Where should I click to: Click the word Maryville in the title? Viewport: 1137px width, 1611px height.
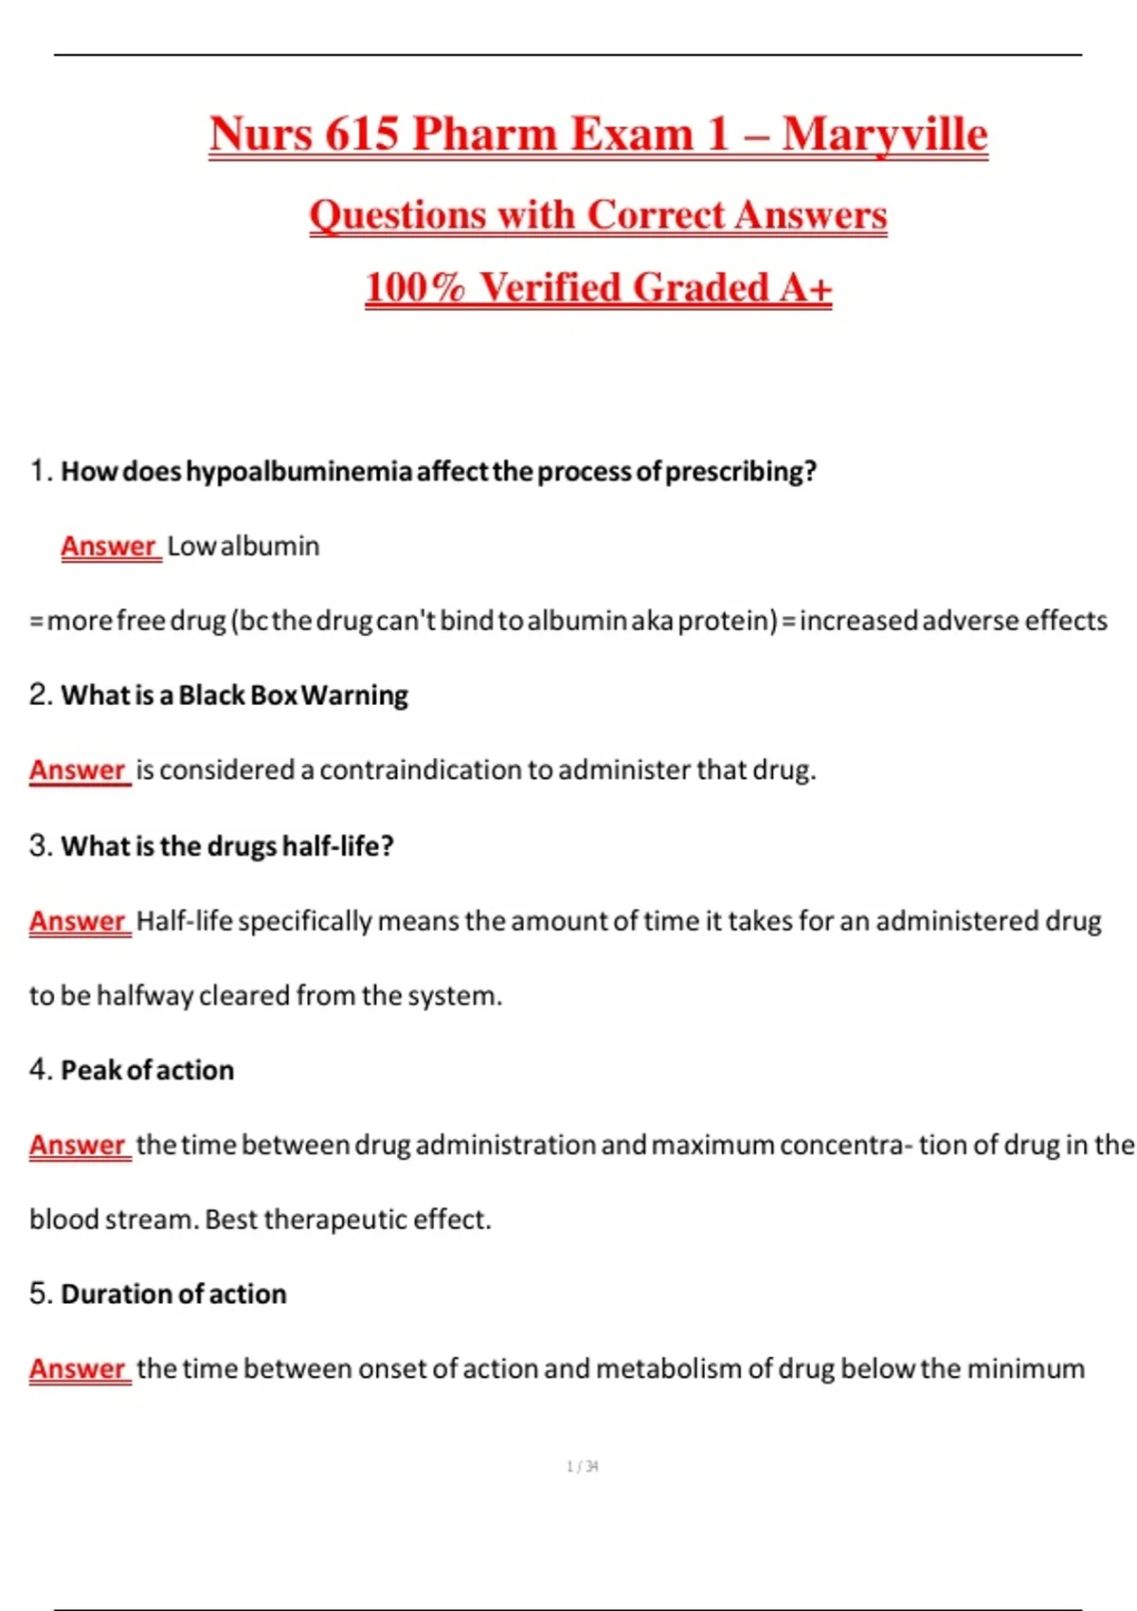(x=884, y=134)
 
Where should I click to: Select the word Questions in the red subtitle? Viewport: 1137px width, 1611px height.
(x=396, y=215)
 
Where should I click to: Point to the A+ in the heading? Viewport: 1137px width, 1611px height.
(x=804, y=287)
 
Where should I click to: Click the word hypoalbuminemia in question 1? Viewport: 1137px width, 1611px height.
(x=298, y=471)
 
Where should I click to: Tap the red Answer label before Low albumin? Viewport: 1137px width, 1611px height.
(x=108, y=546)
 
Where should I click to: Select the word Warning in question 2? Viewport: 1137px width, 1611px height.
(x=355, y=695)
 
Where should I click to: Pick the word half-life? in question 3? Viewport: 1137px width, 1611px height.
(x=337, y=845)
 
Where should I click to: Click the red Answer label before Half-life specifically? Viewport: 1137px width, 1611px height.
(x=78, y=920)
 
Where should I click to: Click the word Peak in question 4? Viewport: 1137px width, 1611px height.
(x=91, y=1070)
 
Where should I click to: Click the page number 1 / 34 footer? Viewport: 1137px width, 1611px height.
(x=582, y=1466)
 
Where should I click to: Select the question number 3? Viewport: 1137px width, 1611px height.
(x=39, y=845)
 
